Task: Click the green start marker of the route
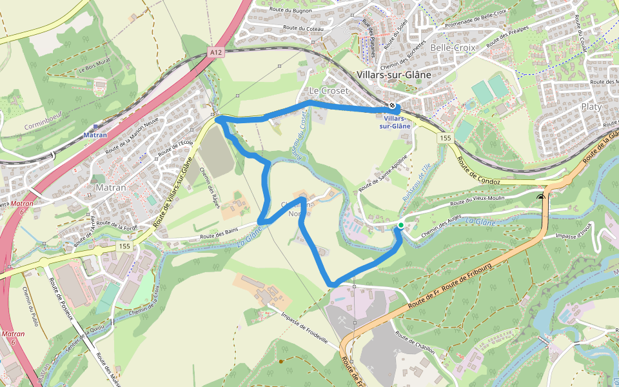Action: pyautogui.click(x=400, y=225)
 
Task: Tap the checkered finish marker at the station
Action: pyautogui.click(x=393, y=106)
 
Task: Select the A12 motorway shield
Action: pyautogui.click(x=215, y=52)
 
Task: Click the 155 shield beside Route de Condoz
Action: pyautogui.click(x=445, y=138)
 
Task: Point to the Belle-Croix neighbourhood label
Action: pyautogui.click(x=452, y=48)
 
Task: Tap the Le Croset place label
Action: pyautogui.click(x=328, y=90)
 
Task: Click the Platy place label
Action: pyautogui.click(x=591, y=106)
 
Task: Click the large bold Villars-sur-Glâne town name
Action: pyautogui.click(x=394, y=74)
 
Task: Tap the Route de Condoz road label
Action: pyautogui.click(x=478, y=170)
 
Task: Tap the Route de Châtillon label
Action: pyautogui.click(x=415, y=346)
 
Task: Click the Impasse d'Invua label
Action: pyautogui.click(x=573, y=231)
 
